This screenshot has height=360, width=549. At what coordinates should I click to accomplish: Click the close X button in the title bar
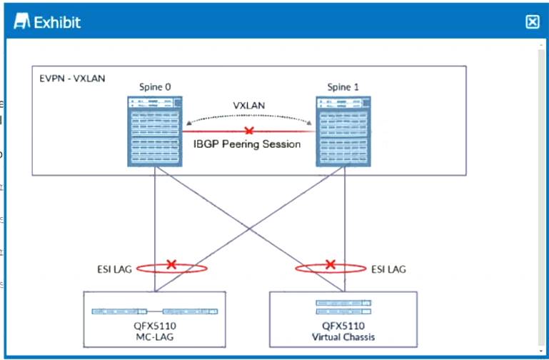[532, 21]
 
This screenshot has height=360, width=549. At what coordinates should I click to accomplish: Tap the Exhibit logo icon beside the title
[22, 22]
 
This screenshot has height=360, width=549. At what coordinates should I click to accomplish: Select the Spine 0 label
[155, 87]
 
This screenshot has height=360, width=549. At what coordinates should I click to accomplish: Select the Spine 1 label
[343, 87]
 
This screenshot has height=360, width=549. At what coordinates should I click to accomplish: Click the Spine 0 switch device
[155, 131]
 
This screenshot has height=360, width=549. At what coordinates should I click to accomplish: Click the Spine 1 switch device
[343, 131]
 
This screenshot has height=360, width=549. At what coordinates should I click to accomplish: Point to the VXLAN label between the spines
[248, 105]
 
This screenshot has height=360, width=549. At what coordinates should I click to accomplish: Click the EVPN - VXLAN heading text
[72, 77]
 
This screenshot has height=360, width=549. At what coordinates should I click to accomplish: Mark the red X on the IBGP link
[248, 131]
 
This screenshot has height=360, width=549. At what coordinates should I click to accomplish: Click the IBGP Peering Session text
[248, 144]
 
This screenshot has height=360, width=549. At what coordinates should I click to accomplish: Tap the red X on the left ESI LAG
[171, 264]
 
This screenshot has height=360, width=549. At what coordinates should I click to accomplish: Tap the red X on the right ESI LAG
[330, 264]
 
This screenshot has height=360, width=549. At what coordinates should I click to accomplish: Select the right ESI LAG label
[388, 269]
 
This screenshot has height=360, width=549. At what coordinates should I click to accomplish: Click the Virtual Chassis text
[344, 337]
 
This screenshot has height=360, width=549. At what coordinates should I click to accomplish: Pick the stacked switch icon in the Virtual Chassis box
[344, 307]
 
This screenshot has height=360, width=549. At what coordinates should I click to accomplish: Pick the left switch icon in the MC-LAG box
[119, 311]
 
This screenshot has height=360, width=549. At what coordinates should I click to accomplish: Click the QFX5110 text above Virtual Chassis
[344, 326]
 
